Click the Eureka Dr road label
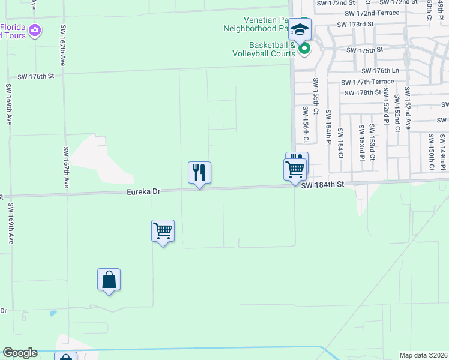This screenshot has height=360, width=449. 143,192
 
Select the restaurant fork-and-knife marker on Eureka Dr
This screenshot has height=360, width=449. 199,173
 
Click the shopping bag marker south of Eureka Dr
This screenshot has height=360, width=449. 109,280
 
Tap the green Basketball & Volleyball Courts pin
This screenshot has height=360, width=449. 304,49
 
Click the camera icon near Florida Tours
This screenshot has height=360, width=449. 35,29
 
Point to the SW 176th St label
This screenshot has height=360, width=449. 36,76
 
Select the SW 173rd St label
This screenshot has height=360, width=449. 355,24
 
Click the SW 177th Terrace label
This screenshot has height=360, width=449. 367,82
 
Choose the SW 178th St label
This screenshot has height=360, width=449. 363,92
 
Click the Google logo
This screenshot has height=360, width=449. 20,353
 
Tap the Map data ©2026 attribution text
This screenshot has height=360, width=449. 423,355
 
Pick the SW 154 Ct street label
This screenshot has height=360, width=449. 340,143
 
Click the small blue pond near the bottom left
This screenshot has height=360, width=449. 53,313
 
